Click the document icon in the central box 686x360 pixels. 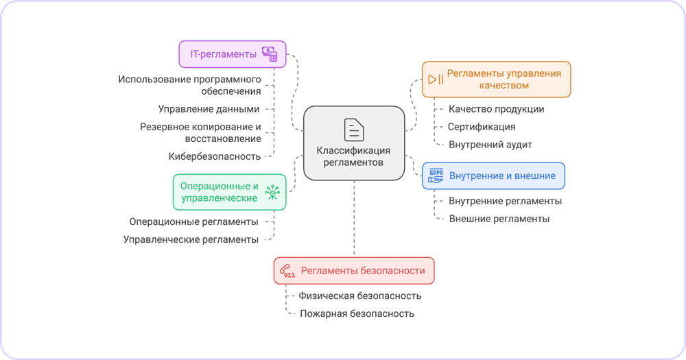354,129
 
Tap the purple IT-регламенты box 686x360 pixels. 232,53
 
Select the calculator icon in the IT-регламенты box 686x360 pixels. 269,53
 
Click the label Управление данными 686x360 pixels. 209,109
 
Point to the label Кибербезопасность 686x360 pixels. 215,156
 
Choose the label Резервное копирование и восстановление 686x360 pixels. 201,132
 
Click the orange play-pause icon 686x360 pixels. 436,79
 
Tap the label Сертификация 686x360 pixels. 482,127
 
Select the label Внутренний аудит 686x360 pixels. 490,145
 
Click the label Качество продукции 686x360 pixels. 496,109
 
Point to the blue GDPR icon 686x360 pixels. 436,176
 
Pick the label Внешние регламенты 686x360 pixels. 499,219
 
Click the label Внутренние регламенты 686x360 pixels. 505,201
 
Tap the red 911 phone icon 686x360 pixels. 287,271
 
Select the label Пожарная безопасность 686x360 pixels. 357,313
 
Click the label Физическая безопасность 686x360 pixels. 359,296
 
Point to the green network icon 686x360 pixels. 273,192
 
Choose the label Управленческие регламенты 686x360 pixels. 191,239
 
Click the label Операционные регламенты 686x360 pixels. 193,221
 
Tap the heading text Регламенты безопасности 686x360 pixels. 362,271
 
